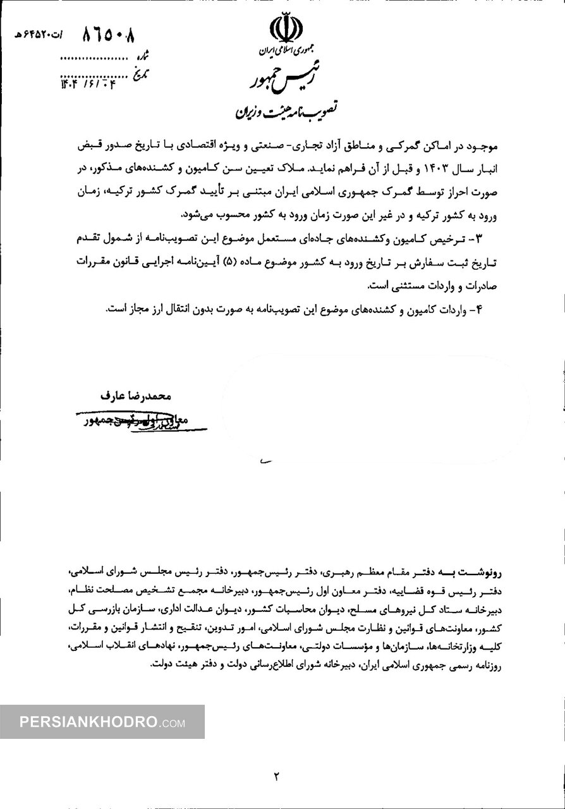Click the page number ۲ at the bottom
pos(276,776)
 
